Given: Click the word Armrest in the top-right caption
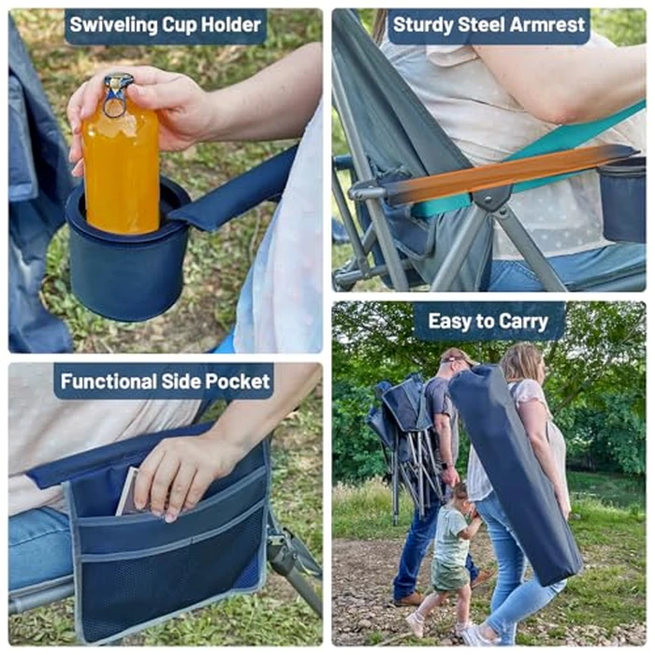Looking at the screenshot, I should coord(544,26).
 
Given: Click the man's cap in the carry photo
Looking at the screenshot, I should coord(456,357).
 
